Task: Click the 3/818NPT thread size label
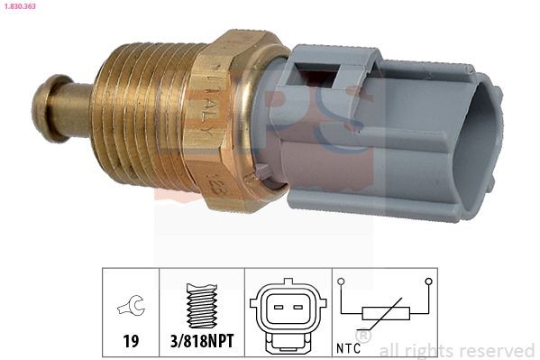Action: click(x=201, y=343)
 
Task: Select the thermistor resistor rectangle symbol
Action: click(x=386, y=315)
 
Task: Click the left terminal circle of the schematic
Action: click(x=342, y=281)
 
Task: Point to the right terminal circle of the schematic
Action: click(x=428, y=281)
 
